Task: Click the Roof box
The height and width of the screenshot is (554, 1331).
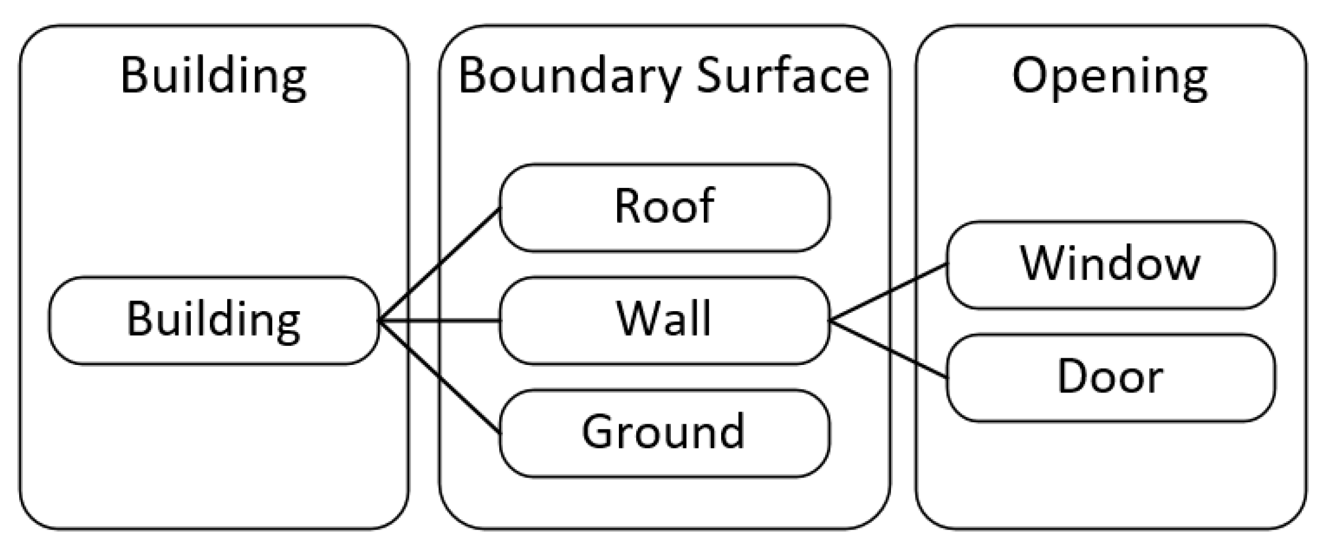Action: (x=664, y=208)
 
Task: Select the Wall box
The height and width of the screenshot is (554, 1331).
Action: (x=664, y=320)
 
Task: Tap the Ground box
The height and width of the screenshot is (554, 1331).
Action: (x=664, y=433)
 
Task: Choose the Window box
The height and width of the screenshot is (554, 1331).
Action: (x=1110, y=264)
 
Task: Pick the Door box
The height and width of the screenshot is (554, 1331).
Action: (x=1110, y=378)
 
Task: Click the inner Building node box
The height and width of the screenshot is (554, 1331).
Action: (x=213, y=320)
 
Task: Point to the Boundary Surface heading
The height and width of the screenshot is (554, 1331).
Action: (x=664, y=77)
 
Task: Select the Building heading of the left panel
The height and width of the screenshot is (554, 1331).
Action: (x=213, y=77)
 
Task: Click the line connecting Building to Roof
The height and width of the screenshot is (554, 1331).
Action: (x=440, y=264)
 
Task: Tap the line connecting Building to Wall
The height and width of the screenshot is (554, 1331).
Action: (x=440, y=321)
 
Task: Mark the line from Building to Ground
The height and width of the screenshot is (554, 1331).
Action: (x=440, y=377)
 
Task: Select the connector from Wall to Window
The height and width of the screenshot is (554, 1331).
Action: (x=889, y=293)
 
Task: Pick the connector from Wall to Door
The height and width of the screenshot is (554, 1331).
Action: (x=889, y=349)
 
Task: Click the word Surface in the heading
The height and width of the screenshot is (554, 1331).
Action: (x=783, y=77)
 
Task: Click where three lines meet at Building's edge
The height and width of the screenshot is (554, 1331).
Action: (x=380, y=321)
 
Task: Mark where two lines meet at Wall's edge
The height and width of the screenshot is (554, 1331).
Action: (x=831, y=321)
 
